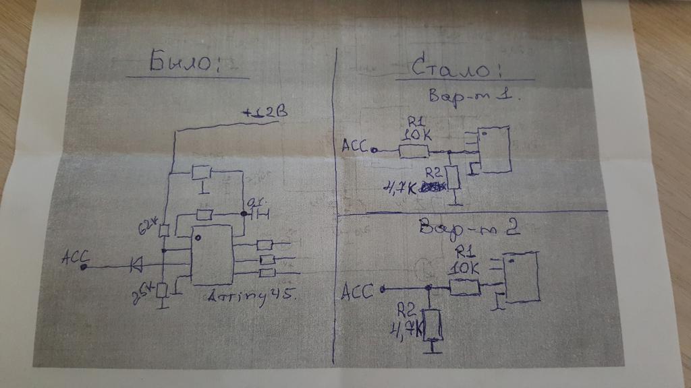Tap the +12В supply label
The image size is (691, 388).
click(x=265, y=114)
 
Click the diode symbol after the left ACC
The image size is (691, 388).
click(x=135, y=267)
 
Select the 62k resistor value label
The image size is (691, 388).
click(x=148, y=224)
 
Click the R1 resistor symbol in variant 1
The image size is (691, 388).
click(x=414, y=151)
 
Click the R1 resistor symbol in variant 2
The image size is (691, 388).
click(x=464, y=288)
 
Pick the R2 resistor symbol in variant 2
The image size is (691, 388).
click(x=433, y=325)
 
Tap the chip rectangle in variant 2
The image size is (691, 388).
click(x=524, y=276)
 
